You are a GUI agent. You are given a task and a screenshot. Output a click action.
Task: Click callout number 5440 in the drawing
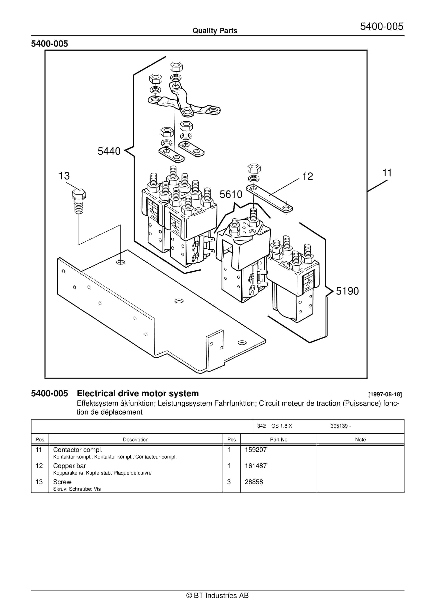pyautogui.click(x=109, y=151)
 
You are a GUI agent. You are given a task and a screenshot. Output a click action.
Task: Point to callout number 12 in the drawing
pyautogui.click(x=307, y=177)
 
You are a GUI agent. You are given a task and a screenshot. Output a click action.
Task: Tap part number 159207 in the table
pyautogui.click(x=256, y=450)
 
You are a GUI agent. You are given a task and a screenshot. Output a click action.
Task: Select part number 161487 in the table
pyautogui.click(x=256, y=466)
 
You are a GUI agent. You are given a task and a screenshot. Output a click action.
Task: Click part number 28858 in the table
pyautogui.click(x=254, y=482)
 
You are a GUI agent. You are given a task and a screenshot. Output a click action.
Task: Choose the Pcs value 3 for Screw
pyautogui.click(x=229, y=482)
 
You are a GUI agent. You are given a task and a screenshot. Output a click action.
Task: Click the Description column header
pyautogui.click(x=136, y=439)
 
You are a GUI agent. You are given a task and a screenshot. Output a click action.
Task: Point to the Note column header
pyautogui.click(x=360, y=439)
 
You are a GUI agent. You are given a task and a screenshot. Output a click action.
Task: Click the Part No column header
pyautogui.click(x=278, y=439)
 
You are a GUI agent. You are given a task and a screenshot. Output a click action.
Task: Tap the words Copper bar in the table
pyautogui.click(x=69, y=466)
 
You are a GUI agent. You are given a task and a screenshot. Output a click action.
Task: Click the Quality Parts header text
pyautogui.click(x=215, y=31)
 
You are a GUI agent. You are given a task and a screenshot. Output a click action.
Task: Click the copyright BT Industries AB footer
pyautogui.click(x=217, y=595)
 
